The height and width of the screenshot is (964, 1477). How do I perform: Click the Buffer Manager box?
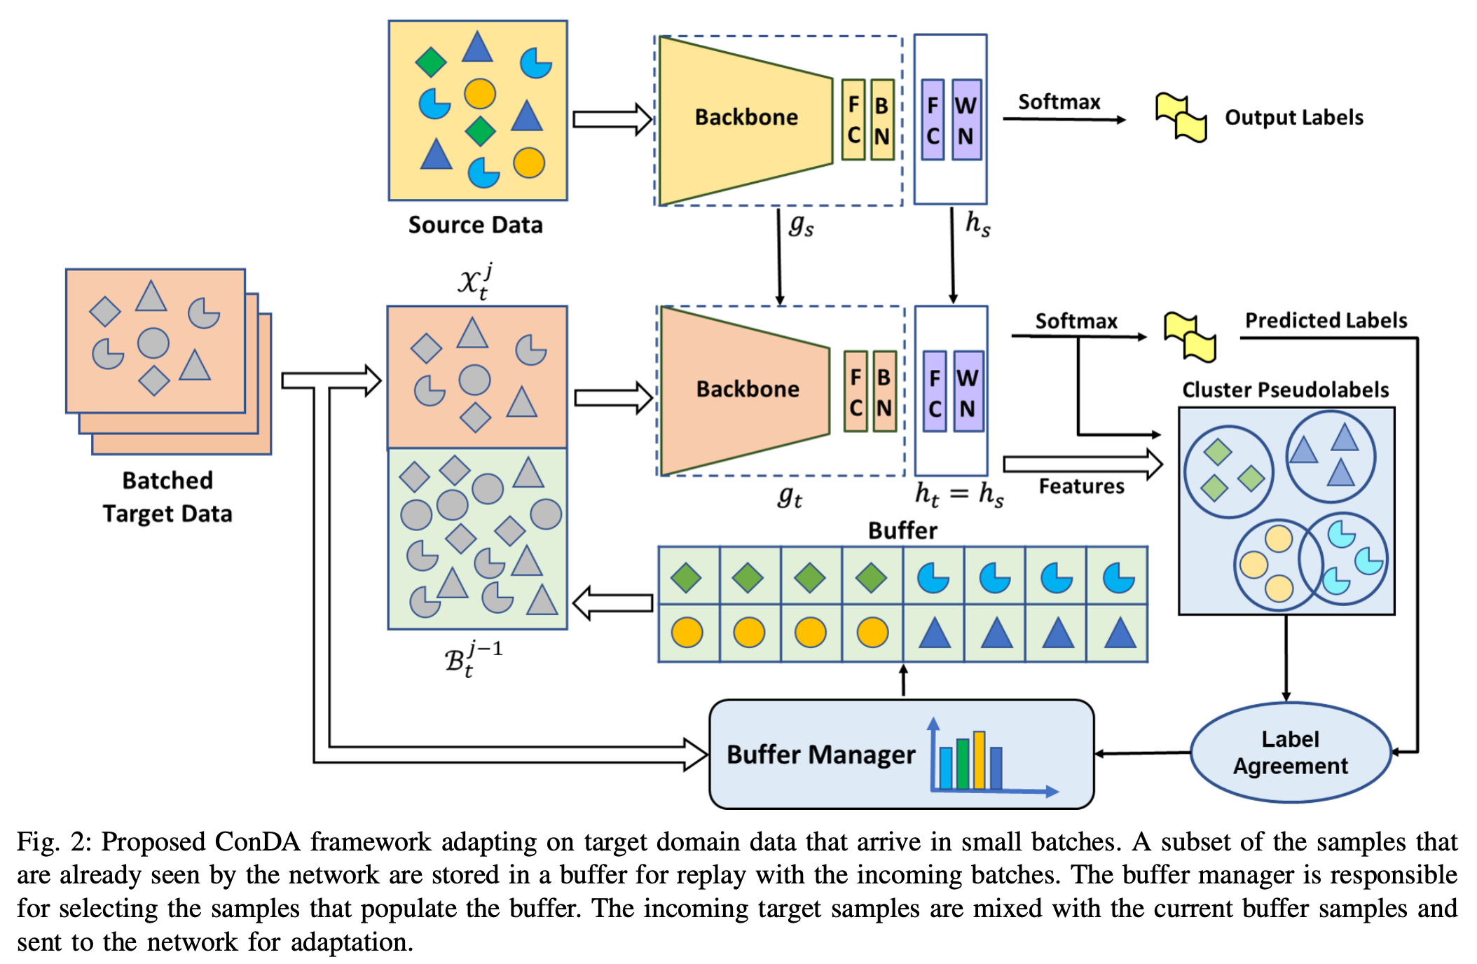(902, 754)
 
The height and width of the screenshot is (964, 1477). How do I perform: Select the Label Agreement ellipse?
(1291, 752)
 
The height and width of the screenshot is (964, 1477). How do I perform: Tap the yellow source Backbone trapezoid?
(746, 120)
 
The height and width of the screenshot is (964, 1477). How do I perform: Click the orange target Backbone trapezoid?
(746, 391)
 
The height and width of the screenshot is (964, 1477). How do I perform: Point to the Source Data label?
(476, 225)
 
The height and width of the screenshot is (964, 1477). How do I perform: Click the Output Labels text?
(1294, 117)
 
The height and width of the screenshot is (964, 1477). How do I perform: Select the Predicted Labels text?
(1326, 320)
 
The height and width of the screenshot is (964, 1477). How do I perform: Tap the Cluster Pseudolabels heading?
(1286, 390)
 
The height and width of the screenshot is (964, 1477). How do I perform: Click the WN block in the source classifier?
(966, 120)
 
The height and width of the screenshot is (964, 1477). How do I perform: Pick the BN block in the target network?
(884, 391)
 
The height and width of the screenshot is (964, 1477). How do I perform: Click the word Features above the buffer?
(1081, 486)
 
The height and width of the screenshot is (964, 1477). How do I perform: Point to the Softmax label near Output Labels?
(1059, 102)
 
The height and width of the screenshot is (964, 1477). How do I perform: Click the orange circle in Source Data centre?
(480, 93)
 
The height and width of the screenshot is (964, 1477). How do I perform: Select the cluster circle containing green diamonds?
(1229, 471)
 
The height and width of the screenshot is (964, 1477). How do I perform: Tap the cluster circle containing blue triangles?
(1331, 457)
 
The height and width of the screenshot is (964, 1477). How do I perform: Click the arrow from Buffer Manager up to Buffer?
(904, 680)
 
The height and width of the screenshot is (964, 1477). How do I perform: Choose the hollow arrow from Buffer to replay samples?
(612, 602)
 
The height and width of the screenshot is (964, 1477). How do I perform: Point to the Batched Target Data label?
(167, 497)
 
